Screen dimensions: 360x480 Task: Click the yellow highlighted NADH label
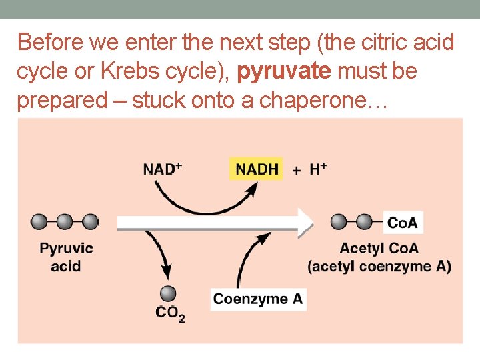click(x=257, y=169)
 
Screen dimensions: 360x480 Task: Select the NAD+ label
click(x=162, y=169)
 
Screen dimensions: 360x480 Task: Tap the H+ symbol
click(x=318, y=169)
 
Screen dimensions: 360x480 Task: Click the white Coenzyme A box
click(x=258, y=299)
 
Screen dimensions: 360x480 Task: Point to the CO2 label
click(x=169, y=313)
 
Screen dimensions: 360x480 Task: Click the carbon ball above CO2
click(x=168, y=293)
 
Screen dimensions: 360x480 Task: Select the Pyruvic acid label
click(x=67, y=257)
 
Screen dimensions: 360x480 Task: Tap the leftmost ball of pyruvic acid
click(x=39, y=221)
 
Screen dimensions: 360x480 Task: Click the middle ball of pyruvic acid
click(x=65, y=221)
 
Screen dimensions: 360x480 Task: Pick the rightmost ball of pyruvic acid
click(x=90, y=221)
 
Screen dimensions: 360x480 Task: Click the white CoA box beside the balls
click(x=403, y=222)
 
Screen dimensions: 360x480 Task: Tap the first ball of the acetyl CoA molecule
click(x=339, y=221)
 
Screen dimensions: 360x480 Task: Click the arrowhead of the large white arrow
click(x=306, y=222)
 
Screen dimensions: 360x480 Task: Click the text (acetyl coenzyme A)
click(x=379, y=266)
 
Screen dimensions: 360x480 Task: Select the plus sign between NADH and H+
click(x=296, y=170)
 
